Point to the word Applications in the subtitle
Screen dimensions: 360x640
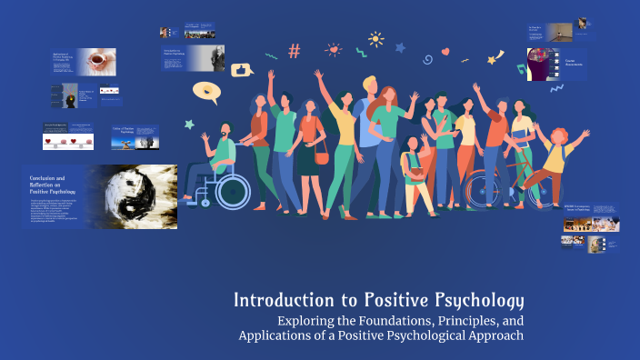click(279, 337)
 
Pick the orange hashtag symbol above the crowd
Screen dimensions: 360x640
click(294, 51)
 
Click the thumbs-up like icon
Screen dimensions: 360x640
click(242, 69)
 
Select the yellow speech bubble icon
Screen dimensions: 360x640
click(206, 92)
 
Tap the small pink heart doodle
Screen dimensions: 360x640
click(446, 52)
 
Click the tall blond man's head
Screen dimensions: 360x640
click(369, 85)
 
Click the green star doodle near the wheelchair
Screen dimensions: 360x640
click(189, 124)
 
